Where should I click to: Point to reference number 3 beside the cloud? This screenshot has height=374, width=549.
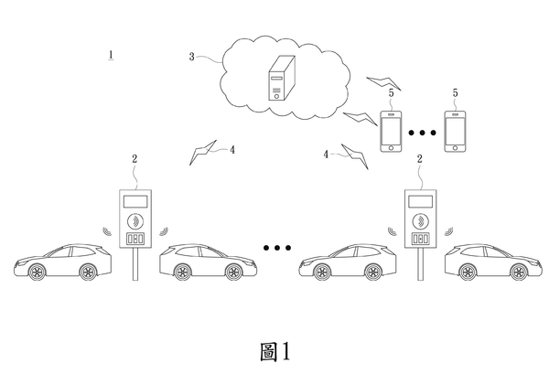[192, 57]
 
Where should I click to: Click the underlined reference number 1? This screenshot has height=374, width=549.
[110, 55]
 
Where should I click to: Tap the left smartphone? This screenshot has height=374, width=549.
[392, 131]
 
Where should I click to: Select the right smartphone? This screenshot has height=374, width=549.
[455, 131]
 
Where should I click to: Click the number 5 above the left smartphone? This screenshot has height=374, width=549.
[391, 92]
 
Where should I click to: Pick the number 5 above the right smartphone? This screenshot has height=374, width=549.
[455, 92]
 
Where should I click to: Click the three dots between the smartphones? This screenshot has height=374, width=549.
[423, 133]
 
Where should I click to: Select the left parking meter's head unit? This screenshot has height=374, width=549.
[135, 219]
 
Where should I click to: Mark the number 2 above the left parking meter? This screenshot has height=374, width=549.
[135, 158]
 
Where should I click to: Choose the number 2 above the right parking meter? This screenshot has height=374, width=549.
[420, 158]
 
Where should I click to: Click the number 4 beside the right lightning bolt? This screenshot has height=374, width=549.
[325, 155]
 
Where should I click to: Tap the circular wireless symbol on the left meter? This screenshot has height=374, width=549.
[135, 219]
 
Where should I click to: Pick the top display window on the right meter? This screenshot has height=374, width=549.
[420, 200]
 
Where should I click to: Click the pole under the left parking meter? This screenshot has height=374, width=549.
[135, 264]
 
